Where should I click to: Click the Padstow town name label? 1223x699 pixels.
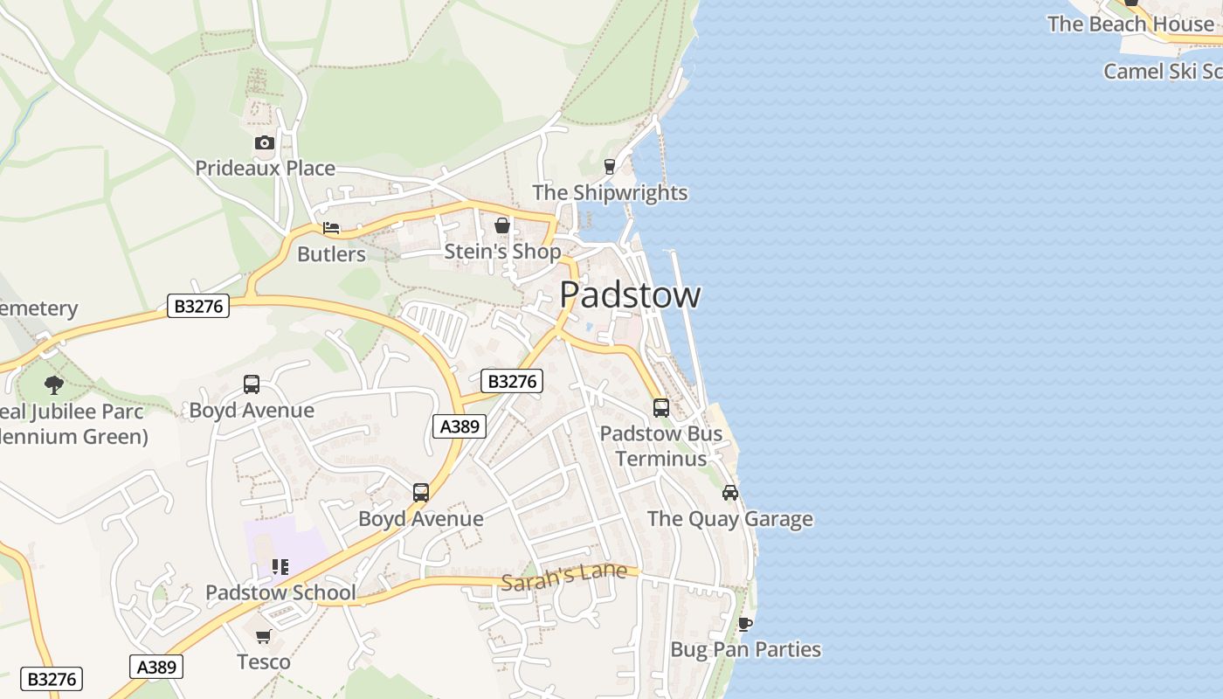(x=630, y=295)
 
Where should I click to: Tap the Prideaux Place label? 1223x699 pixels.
(x=265, y=168)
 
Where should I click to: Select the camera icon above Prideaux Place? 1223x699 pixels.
(x=264, y=142)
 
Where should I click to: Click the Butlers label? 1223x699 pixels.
(x=331, y=254)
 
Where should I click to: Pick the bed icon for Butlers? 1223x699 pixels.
(x=331, y=228)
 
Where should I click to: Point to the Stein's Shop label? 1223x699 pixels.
(x=502, y=252)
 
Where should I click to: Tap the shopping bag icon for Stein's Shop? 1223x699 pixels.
(x=502, y=225)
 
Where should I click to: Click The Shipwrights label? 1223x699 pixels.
(x=610, y=192)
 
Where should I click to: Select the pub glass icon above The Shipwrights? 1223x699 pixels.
(x=610, y=166)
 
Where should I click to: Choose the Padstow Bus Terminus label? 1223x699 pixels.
(x=661, y=446)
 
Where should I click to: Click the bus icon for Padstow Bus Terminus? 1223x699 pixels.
(x=661, y=408)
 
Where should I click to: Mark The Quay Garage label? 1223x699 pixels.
(x=729, y=519)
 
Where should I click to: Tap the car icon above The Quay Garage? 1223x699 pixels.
(x=730, y=493)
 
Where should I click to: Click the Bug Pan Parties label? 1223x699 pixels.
(x=745, y=649)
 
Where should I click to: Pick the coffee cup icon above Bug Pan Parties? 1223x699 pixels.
(x=744, y=624)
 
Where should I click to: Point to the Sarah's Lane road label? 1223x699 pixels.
(x=563, y=576)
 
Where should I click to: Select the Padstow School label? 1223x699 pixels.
(x=280, y=592)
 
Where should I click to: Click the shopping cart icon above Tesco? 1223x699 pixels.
(x=264, y=636)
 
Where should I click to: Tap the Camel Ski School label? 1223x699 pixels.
(x=1162, y=71)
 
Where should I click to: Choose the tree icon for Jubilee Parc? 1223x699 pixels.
(x=54, y=384)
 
